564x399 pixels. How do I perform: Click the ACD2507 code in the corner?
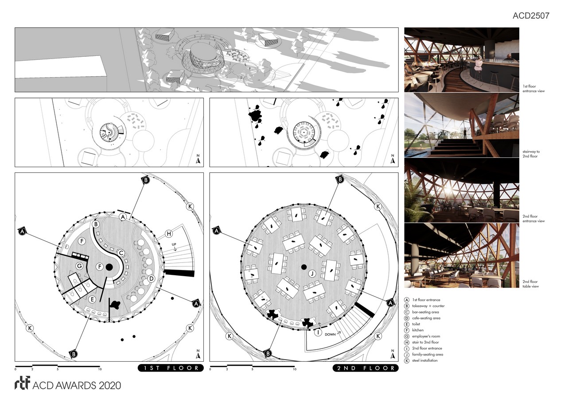[531, 16]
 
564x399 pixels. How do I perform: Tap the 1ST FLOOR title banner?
[171, 368]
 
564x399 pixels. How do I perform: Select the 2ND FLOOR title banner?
[365, 368]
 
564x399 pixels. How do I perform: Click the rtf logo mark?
[22, 384]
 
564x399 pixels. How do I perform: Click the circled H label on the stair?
[168, 234]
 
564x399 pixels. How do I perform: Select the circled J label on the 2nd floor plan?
[311, 274]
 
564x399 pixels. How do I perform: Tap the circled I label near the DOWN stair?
[317, 332]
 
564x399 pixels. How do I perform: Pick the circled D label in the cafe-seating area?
[151, 278]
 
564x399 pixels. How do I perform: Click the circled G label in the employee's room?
[79, 266]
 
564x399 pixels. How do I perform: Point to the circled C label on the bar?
[121, 253]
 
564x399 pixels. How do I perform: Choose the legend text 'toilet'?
[417, 324]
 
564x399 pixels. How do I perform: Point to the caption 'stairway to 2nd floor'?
[531, 154]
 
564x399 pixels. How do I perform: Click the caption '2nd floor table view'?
[530, 284]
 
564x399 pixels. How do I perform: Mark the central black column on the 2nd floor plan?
[304, 267]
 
